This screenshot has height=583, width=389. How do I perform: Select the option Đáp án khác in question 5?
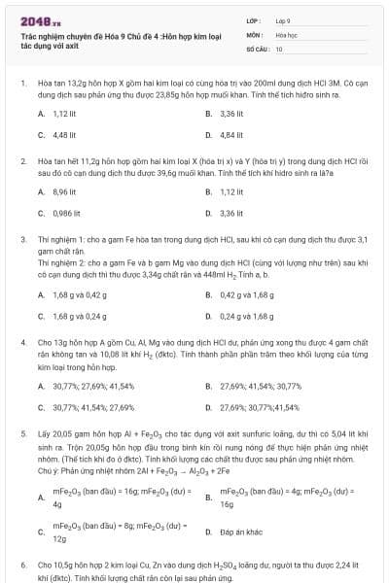(x=238, y=532)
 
